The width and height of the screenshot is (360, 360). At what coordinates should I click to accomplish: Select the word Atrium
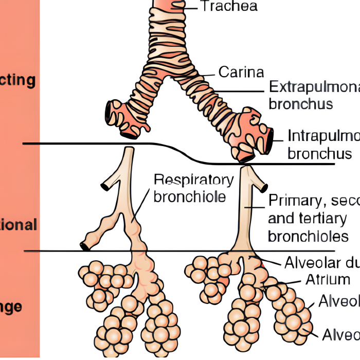[x=328, y=280]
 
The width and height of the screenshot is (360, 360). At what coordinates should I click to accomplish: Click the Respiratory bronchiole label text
[x=193, y=188]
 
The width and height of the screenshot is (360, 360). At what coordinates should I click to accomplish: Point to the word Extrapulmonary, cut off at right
[x=314, y=86]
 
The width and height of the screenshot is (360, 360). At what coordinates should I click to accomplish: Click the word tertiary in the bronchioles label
[x=308, y=218]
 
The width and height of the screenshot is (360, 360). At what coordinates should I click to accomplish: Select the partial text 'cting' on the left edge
[x=17, y=81]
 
